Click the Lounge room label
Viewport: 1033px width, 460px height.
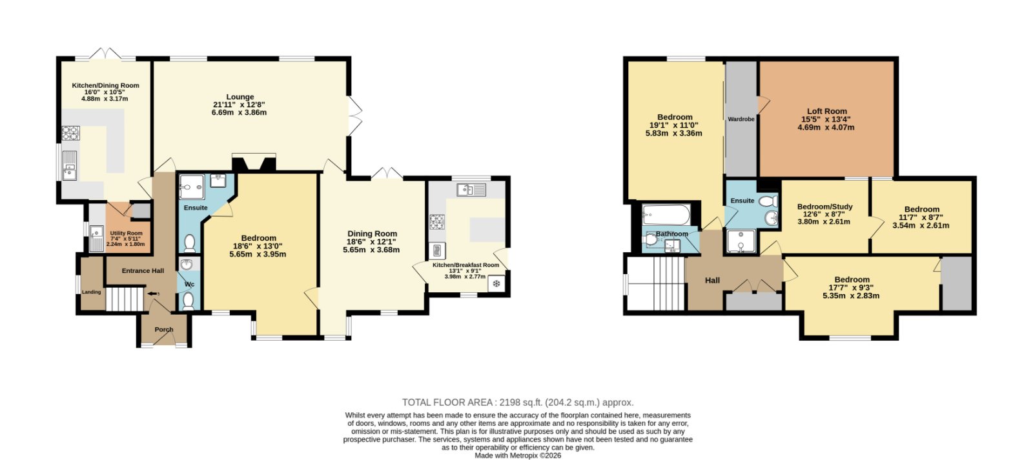pos(240,97)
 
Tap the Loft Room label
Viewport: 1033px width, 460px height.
pos(827,111)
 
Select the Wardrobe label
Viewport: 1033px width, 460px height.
pos(741,119)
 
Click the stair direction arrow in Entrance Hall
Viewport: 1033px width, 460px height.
pos(152,294)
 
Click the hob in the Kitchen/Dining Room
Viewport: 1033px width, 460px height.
pos(70,133)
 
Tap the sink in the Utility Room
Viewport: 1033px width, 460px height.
pos(96,238)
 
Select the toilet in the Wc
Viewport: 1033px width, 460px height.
pos(188,301)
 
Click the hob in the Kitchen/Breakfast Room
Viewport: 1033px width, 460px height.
pos(436,222)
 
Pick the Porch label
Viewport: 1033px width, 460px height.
pos(164,330)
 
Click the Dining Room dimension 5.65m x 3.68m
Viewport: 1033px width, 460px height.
pos(371,250)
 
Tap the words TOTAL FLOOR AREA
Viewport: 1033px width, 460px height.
pos(447,403)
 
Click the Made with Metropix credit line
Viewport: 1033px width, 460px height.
pos(518,455)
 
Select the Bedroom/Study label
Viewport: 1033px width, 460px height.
pos(824,206)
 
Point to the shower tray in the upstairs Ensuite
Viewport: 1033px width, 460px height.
pos(741,241)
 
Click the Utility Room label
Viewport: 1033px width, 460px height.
pos(126,234)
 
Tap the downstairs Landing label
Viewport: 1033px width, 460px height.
pos(91,292)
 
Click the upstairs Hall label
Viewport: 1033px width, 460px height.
pos(712,280)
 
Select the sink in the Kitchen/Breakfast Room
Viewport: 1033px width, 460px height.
pos(471,190)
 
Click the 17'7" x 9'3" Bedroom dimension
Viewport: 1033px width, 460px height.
pos(852,288)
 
